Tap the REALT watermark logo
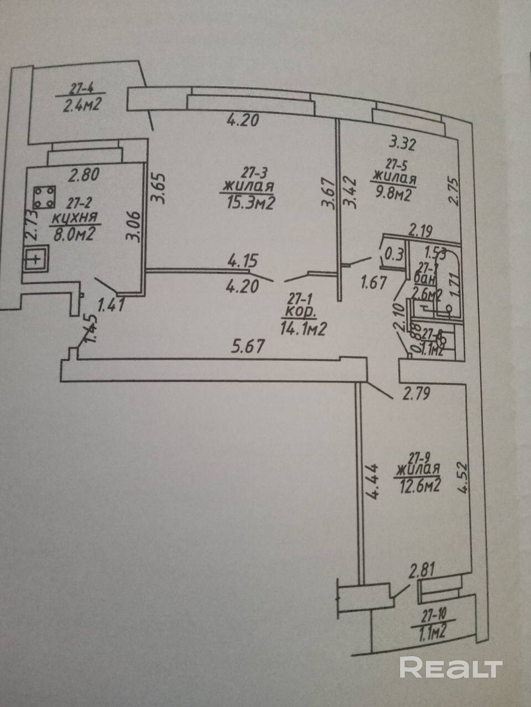tap(451, 667)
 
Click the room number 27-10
tap(429, 611)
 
